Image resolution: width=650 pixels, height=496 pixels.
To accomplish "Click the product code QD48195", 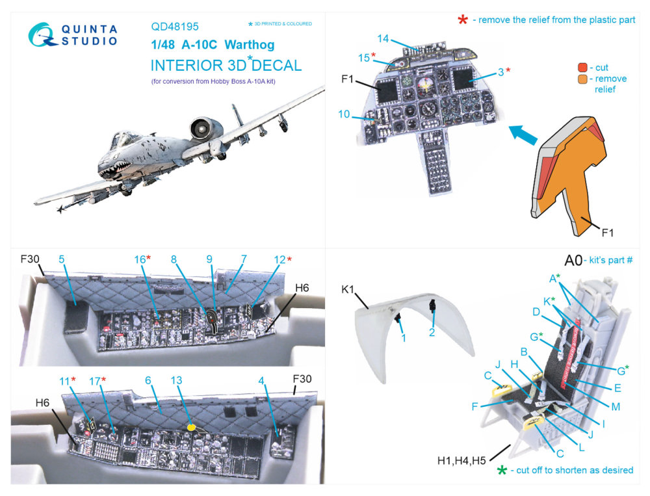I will (175, 27).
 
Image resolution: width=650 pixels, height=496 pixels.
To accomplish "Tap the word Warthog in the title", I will (249, 46).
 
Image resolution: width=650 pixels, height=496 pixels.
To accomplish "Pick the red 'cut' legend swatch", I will (582, 67).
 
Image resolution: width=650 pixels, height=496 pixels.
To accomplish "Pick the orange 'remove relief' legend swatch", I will (582, 79).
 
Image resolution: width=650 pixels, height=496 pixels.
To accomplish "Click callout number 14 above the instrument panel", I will (383, 38).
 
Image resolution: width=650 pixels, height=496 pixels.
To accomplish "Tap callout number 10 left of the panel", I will (344, 114).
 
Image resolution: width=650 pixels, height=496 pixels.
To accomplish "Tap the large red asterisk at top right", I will (463, 20).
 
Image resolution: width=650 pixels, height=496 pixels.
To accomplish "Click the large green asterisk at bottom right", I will (501, 469).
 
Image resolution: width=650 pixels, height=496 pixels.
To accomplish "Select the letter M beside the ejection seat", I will (615, 407).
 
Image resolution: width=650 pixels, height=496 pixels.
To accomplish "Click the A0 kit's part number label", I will (573, 261).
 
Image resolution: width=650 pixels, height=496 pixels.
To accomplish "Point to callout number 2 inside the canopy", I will (431, 333).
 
